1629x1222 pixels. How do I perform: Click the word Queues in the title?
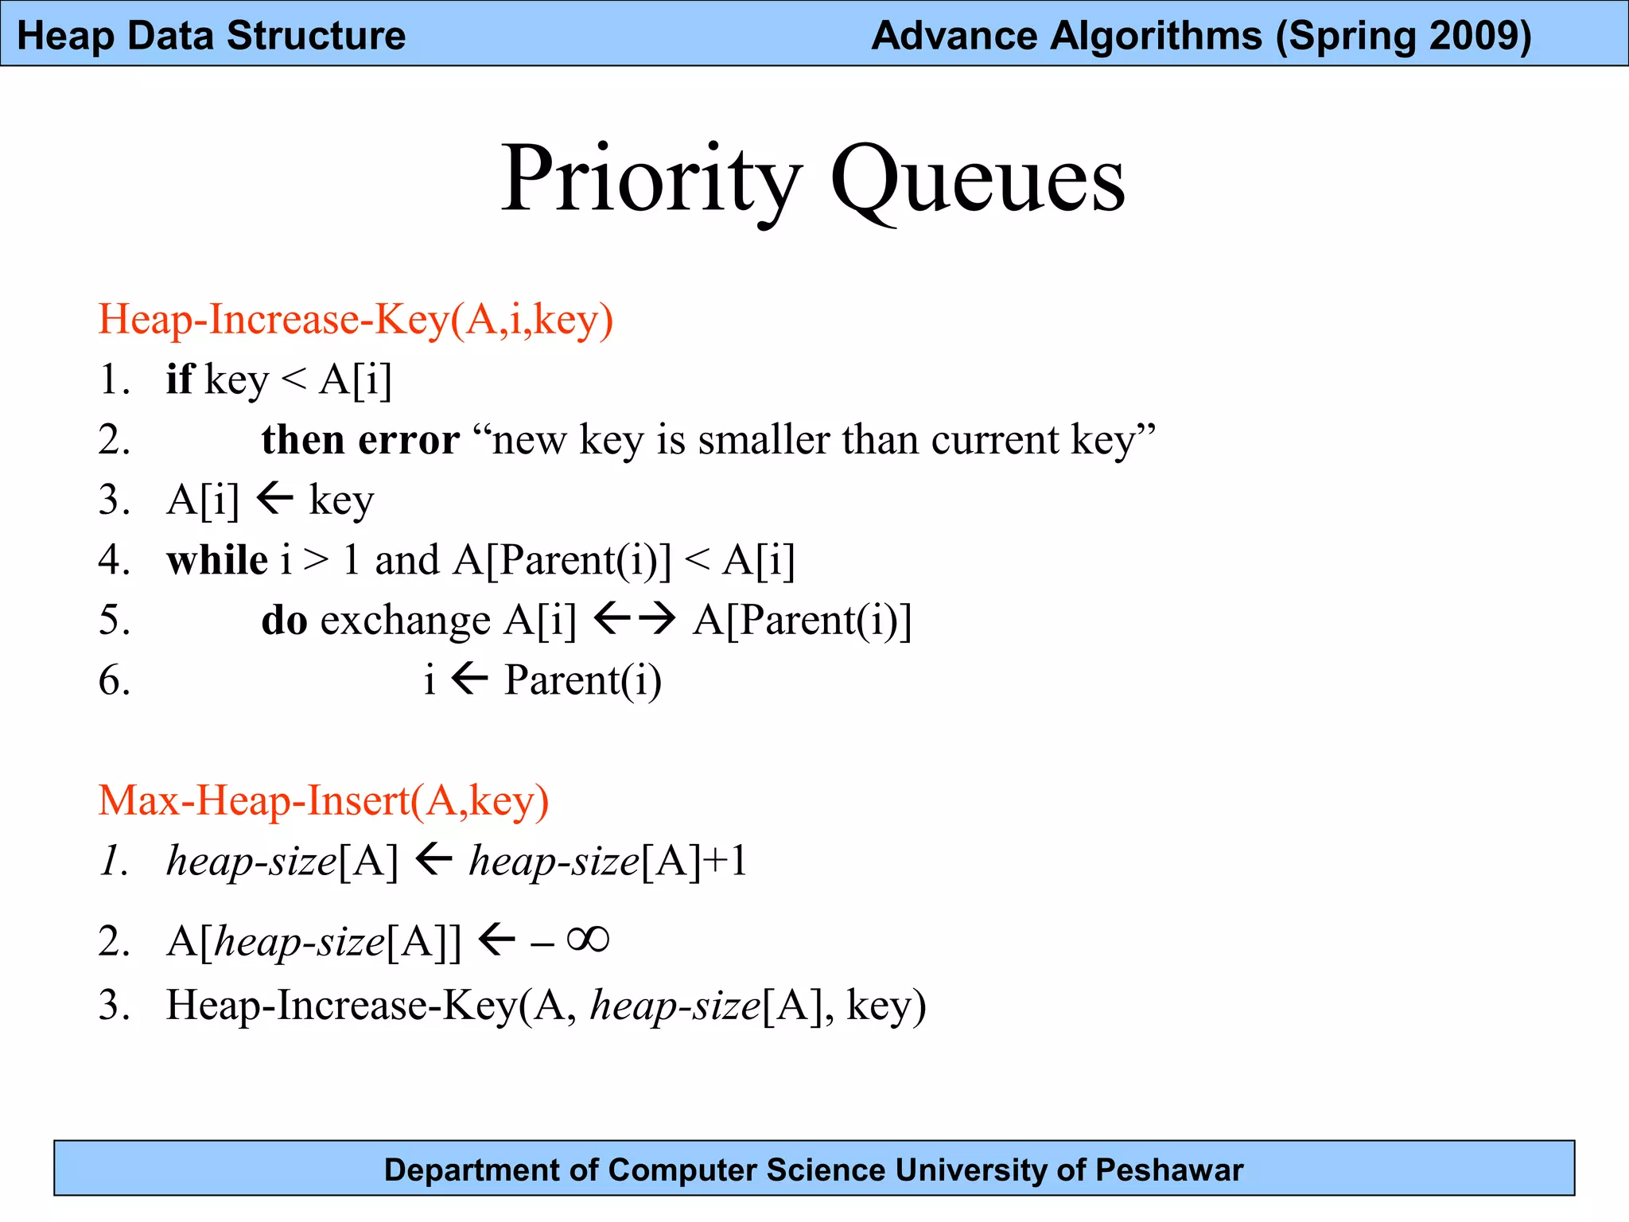978,181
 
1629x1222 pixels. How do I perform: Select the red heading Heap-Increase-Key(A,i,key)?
356,320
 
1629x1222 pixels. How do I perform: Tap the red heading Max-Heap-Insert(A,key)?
323,800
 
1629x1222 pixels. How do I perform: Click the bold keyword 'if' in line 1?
179,379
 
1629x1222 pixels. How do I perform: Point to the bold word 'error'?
409,439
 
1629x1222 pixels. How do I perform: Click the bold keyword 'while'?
216,560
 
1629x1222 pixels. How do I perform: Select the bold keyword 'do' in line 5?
284,621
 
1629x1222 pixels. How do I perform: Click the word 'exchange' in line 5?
405,622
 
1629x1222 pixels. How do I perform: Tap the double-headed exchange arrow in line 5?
635,618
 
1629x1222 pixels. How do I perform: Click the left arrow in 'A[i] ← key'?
275,499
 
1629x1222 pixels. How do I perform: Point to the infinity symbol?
588,940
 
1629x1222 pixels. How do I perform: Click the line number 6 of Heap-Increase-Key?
115,681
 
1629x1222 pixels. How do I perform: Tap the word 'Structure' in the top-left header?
316,36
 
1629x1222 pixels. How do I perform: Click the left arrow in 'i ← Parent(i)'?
469,679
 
